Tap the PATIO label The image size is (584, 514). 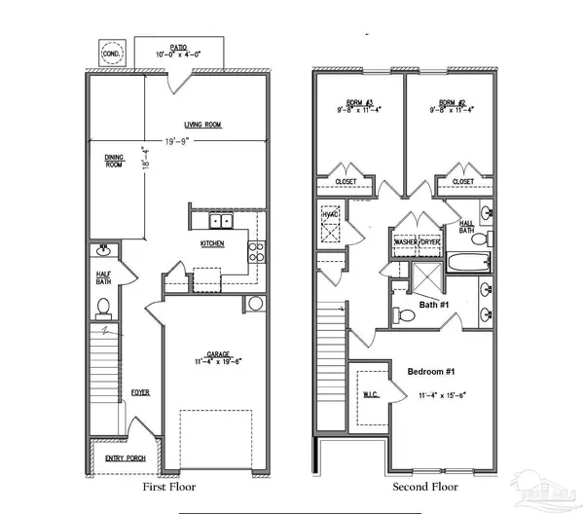tap(177, 47)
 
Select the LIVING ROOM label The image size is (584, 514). tap(205, 124)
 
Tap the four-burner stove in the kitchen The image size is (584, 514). tap(258, 252)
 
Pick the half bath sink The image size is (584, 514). tap(103, 252)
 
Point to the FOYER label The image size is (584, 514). tap(139, 393)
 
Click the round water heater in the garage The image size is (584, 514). tap(256, 304)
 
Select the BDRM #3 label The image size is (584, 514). tap(352, 102)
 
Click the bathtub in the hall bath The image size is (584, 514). tap(464, 261)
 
